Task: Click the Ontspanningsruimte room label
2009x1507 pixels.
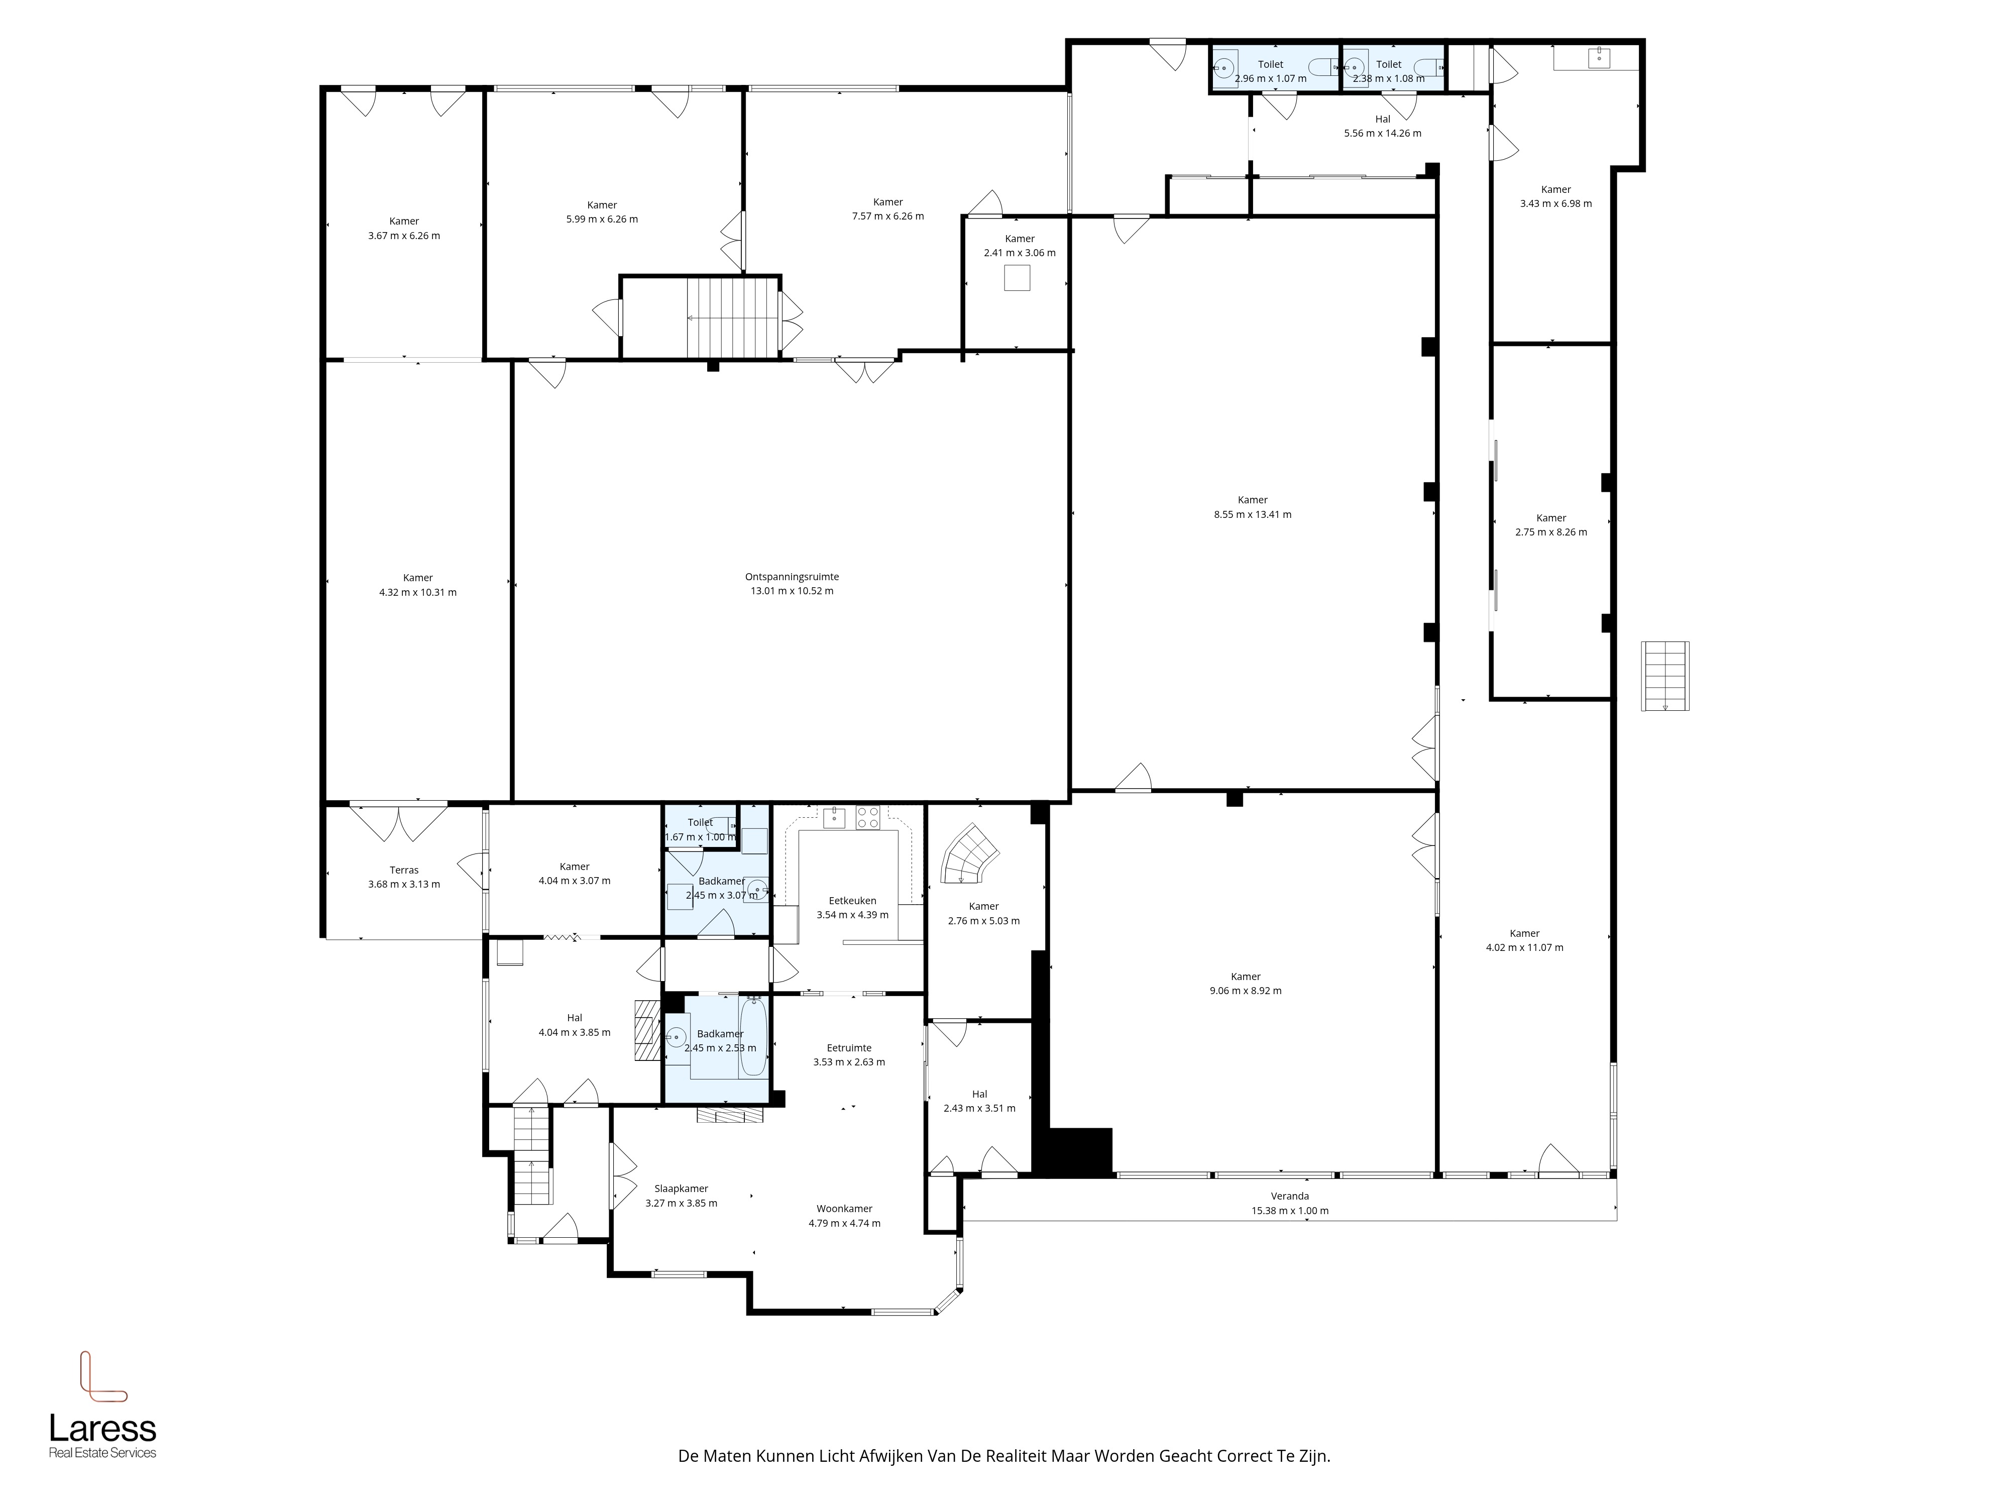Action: pos(791,577)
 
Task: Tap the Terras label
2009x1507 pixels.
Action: pos(404,870)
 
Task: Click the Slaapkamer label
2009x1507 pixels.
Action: pos(681,1189)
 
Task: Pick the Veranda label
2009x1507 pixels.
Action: pos(1290,1197)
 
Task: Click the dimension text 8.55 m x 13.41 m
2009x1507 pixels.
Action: pos(1253,514)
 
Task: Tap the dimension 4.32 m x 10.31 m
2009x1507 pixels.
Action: pos(418,592)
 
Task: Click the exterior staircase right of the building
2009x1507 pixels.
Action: pos(1665,676)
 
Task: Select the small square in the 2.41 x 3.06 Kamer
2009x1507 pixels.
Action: pos(1017,278)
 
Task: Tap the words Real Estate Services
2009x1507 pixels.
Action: pos(102,1453)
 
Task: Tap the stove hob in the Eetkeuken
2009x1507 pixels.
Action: pos(867,817)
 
